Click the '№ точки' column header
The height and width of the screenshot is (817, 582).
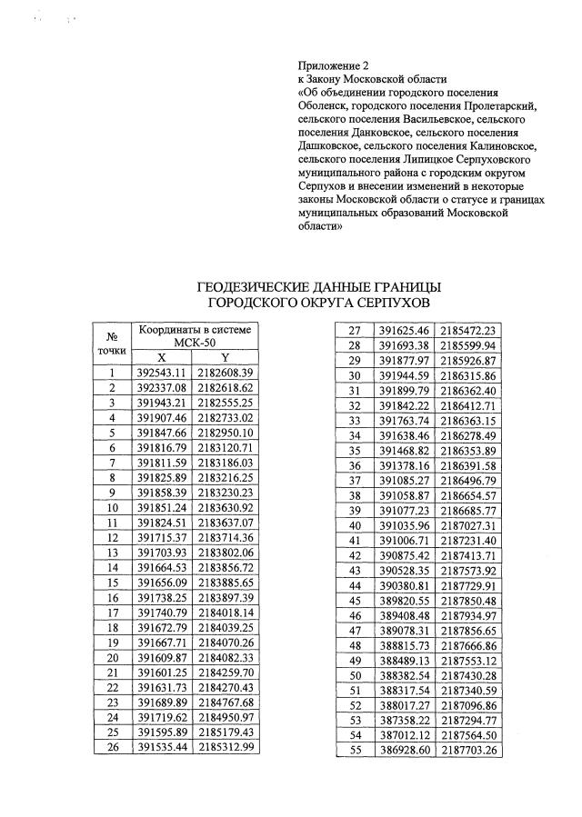(x=112, y=342)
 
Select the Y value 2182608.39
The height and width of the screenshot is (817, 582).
(x=224, y=373)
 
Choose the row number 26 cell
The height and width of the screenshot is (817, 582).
(x=112, y=747)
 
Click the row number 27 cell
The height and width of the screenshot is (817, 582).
(x=355, y=331)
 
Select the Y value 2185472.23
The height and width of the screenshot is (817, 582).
(x=467, y=331)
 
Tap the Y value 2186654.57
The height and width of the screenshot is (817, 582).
(x=467, y=495)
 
